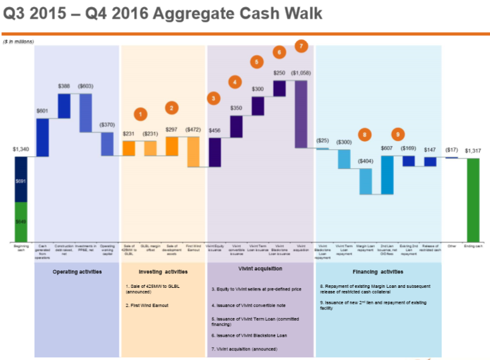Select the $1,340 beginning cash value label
point(21,150)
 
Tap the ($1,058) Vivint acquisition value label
point(301,73)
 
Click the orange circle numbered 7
point(301,46)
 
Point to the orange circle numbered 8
point(365,134)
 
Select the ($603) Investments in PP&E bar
point(85,113)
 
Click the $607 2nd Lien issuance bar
point(387,175)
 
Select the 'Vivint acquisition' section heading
point(260,269)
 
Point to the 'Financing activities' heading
point(377,271)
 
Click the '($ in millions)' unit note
point(19,41)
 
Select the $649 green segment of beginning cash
point(21,221)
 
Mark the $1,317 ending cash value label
point(473,151)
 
